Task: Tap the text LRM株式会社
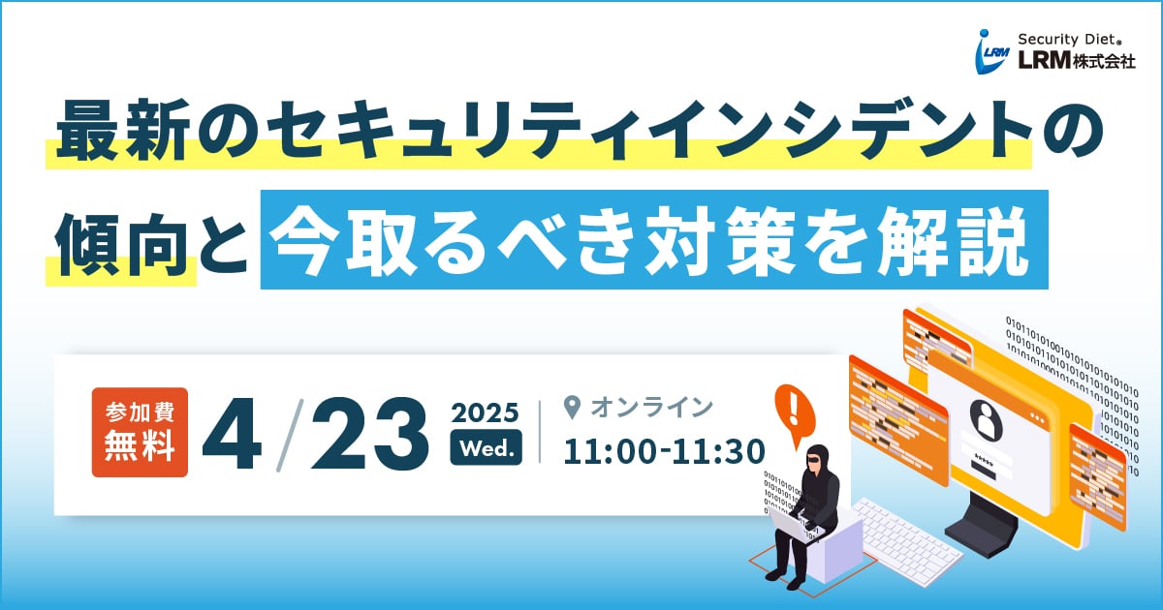1076,61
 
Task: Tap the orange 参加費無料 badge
140,432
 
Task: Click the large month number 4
232,434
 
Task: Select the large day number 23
369,434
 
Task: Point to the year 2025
485,412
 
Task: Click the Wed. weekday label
487,447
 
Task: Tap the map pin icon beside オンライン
572,408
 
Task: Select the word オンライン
651,408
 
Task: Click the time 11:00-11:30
664,451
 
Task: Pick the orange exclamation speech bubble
795,413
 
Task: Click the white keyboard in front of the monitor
907,541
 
